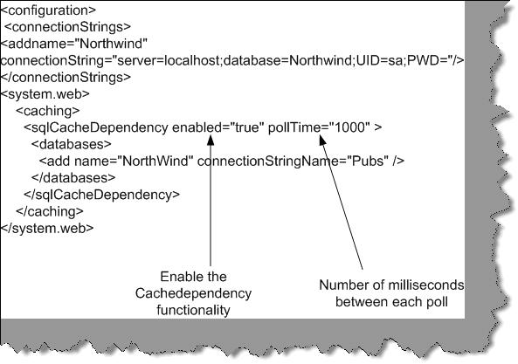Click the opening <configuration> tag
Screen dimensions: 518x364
[48, 10]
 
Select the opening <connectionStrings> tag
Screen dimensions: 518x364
[68, 27]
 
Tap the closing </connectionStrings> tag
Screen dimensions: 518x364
[66, 77]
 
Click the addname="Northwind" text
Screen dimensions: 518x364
[74, 44]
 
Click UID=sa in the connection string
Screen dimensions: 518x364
[380, 60]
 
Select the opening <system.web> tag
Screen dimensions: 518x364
[45, 94]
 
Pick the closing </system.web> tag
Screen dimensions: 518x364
[47, 228]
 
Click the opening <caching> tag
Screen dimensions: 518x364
[48, 111]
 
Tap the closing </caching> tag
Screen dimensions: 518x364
[50, 211]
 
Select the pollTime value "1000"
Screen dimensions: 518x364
[350, 127]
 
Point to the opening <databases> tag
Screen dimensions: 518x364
[72, 145]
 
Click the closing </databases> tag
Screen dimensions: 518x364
[73, 178]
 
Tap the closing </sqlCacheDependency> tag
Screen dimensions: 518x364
[101, 195]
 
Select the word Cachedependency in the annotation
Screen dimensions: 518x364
[193, 293]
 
